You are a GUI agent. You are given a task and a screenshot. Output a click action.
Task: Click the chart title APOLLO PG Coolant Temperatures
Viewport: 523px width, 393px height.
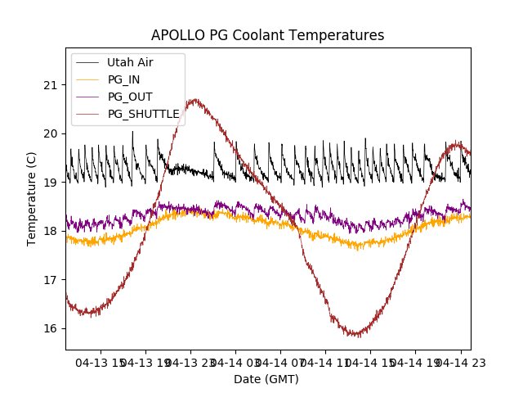267,35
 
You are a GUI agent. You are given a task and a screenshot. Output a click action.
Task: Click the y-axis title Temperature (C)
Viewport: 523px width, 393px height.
32,198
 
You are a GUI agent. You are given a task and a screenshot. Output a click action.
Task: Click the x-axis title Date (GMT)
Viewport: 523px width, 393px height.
266,379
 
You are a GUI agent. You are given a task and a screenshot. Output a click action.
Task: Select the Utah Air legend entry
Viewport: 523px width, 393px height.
130,62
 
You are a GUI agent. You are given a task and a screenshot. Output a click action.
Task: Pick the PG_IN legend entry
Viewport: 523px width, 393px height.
124,79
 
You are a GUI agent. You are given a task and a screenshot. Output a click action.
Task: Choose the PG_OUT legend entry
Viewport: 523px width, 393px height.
130,97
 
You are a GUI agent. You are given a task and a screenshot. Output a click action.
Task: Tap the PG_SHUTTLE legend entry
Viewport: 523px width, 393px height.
143,114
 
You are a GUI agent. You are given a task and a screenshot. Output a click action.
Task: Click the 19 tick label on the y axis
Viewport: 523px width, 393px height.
51,183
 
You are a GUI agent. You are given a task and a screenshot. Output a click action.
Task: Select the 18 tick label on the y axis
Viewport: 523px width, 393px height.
51,231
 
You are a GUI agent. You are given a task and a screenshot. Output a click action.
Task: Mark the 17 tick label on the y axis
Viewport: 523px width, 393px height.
51,280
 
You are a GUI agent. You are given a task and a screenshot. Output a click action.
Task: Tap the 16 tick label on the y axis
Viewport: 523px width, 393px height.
51,328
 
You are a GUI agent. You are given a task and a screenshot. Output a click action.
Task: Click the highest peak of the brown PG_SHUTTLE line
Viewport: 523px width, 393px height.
194,100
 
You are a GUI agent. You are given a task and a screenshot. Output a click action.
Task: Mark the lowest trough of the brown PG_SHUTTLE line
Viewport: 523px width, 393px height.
355,335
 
